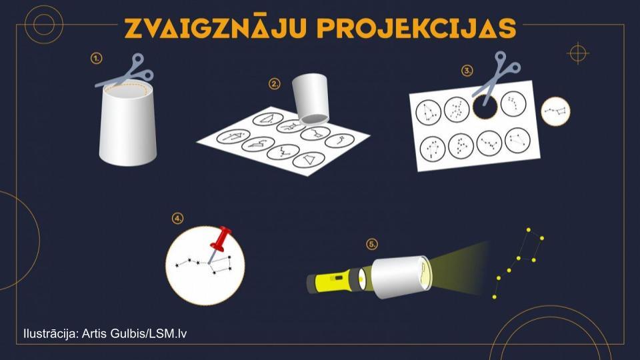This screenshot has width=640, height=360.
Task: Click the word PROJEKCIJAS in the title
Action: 417,28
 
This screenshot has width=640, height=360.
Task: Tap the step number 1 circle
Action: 96,59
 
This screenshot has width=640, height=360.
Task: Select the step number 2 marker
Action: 274,84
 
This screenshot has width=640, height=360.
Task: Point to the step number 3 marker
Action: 467,70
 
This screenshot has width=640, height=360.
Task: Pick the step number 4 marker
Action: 177,219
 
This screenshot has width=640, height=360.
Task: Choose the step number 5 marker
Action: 372,244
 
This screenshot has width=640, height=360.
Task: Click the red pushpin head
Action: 221,238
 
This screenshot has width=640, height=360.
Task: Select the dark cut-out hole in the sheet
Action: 485,106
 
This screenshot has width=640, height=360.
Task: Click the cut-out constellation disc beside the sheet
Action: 555,111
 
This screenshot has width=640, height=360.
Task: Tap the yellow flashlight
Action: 337,280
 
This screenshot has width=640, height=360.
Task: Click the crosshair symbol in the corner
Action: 578,53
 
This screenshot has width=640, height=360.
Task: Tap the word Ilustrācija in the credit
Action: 51,333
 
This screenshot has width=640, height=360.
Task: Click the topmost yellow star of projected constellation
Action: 529,230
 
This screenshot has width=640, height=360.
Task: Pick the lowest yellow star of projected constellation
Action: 494,297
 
